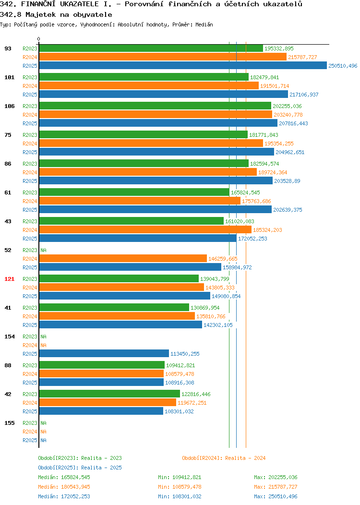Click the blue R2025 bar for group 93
pos(183,66)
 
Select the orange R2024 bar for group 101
pos(149,85)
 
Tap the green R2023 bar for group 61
pos(134,192)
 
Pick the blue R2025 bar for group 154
pos(104,354)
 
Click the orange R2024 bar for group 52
pos(123,259)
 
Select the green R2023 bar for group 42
pos(109,394)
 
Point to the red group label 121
pos(9,279)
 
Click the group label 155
pos(9,423)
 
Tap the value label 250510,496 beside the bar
pos(343,66)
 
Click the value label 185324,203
pos(267,230)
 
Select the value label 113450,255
pos(185,354)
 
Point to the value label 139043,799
pos(215,279)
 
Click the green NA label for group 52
pos(44,250)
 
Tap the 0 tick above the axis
pos(39,39)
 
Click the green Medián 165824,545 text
pos(64,477)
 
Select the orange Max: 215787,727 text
pos(276,487)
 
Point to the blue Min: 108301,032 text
pos(180,496)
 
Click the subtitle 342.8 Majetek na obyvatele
pos(56,14)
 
